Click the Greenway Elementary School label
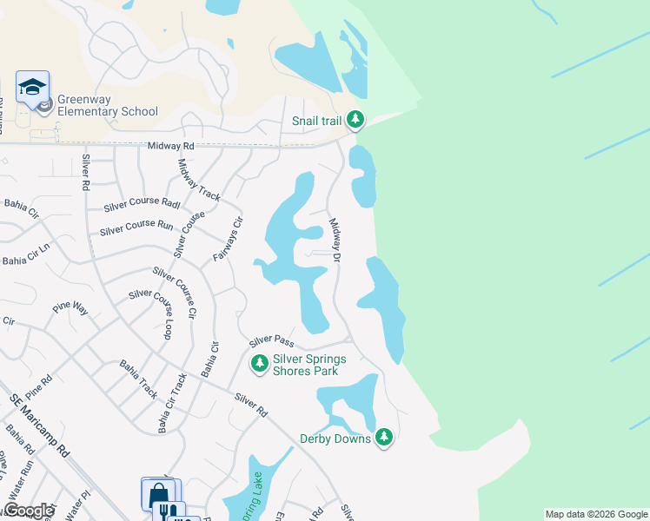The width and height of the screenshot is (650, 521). pyautogui.click(x=108, y=105)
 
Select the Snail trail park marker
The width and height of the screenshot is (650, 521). pyautogui.click(x=355, y=120)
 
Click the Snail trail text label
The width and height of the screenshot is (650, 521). pyautogui.click(x=316, y=122)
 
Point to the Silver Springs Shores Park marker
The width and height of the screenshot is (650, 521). pyautogui.click(x=259, y=365)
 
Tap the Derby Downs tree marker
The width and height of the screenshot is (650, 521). pyautogui.click(x=384, y=438)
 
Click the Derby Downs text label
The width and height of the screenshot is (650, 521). pyautogui.click(x=335, y=439)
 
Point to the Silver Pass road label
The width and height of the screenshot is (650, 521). pyautogui.click(x=273, y=341)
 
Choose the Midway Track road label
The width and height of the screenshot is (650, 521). pyautogui.click(x=199, y=181)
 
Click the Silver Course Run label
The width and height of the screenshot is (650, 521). pyautogui.click(x=136, y=228)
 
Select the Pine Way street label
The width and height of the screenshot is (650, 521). pyautogui.click(x=70, y=308)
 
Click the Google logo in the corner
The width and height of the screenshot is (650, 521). pyautogui.click(x=29, y=511)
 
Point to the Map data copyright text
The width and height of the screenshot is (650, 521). pyautogui.click(x=596, y=514)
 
